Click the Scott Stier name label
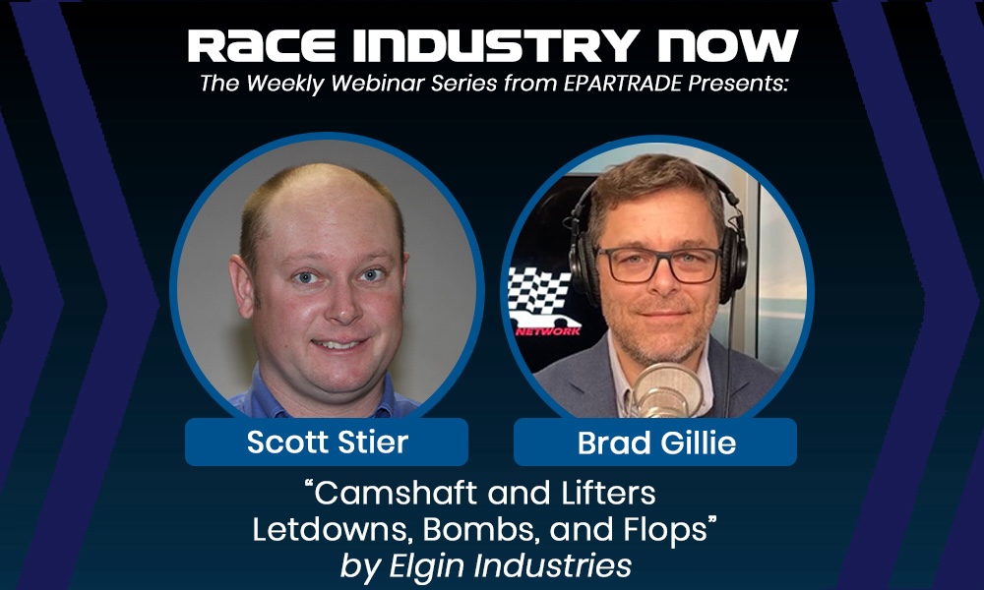pyautogui.click(x=327, y=442)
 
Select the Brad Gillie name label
pyautogui.click(x=655, y=442)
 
